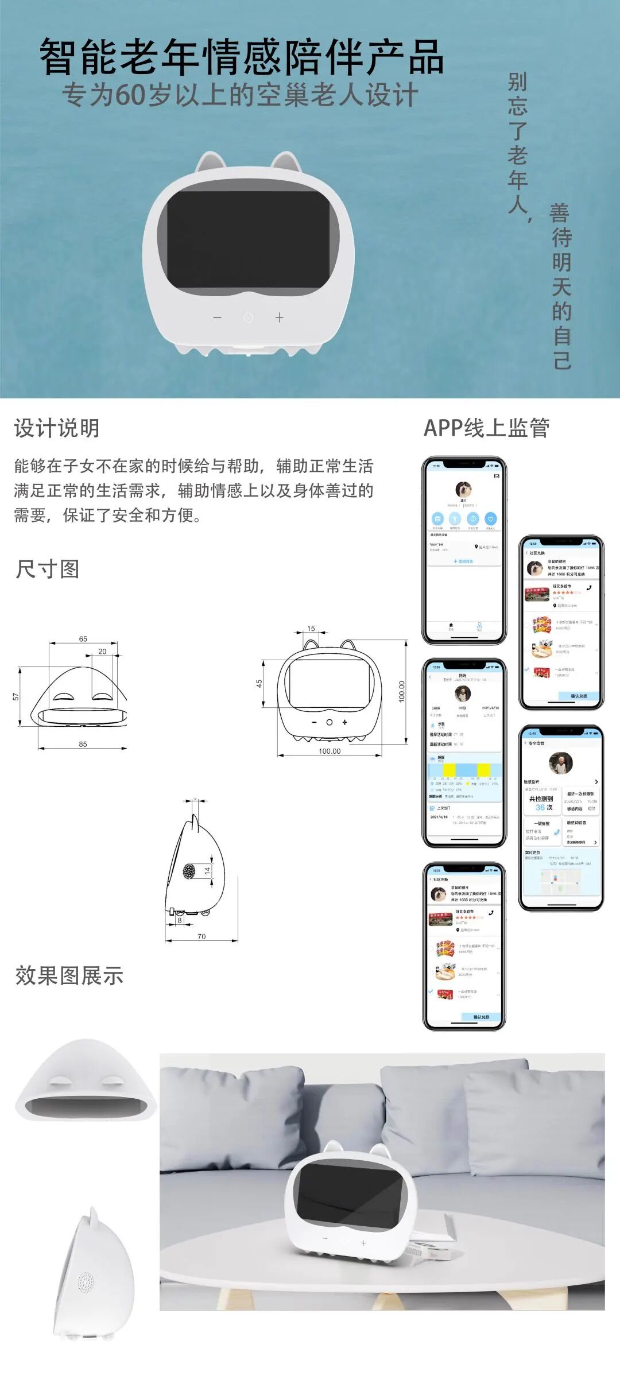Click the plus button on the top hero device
(x=280, y=317)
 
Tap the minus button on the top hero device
(x=217, y=317)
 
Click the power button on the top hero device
(x=248, y=317)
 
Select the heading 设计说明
(x=57, y=428)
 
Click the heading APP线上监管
(x=486, y=428)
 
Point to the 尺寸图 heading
(x=48, y=569)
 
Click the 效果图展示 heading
(x=69, y=975)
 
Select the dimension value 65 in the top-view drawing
(x=83, y=639)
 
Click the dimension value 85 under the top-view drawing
(x=83, y=744)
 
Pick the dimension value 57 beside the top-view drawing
(x=16, y=696)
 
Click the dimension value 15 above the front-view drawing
(x=311, y=629)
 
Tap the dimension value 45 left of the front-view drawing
(x=259, y=683)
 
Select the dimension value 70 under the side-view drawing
(x=201, y=936)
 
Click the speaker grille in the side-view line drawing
(x=189, y=871)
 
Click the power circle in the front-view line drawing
(x=330, y=722)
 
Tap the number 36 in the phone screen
(x=540, y=807)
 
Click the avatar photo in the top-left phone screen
(x=463, y=489)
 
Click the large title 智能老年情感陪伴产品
(x=241, y=57)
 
